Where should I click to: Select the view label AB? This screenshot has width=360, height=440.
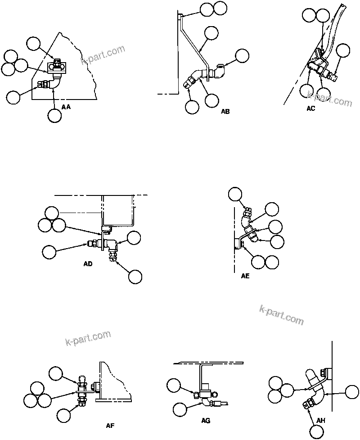(225, 111)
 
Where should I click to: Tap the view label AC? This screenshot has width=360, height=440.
(310, 109)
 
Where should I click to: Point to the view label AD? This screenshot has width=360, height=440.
(88, 264)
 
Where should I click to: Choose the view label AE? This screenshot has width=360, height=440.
(245, 276)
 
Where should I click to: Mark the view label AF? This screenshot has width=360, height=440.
(110, 425)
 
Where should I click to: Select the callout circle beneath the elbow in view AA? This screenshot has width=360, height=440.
(54, 115)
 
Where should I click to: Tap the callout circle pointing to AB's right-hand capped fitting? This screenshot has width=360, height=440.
(242, 56)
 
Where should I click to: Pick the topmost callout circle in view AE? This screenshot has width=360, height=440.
(234, 194)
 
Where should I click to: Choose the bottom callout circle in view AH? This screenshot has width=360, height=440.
(316, 432)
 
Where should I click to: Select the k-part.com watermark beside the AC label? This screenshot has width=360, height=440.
(329, 99)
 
